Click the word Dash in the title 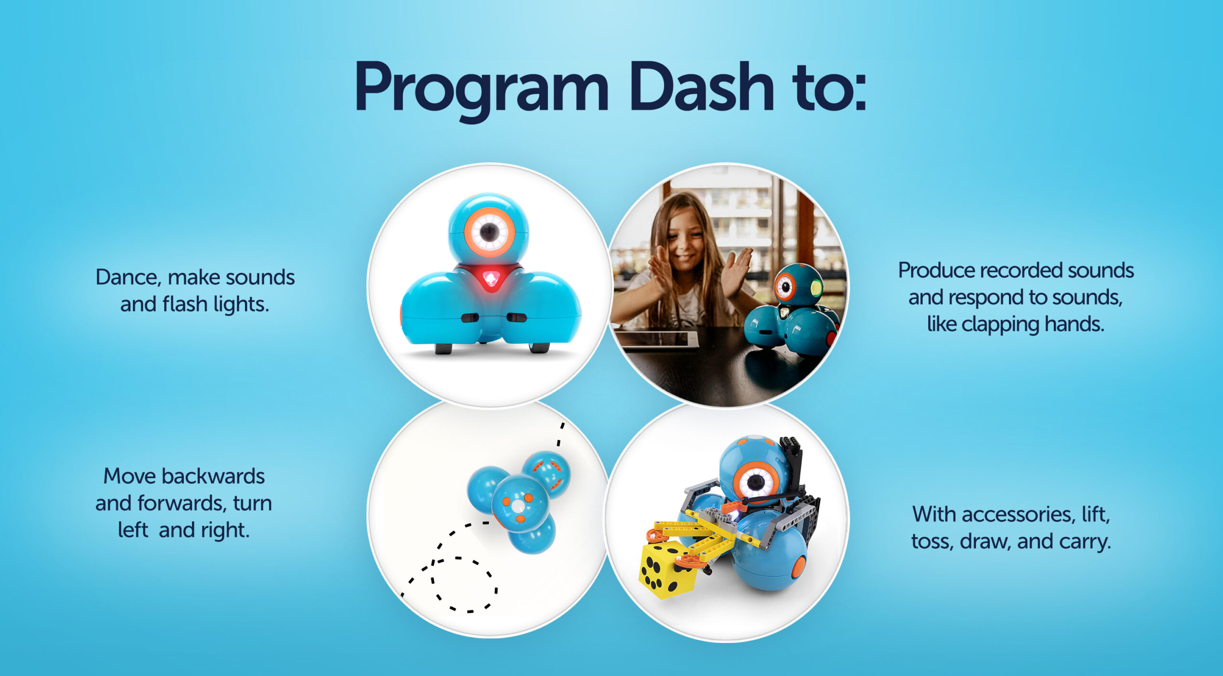click(x=702, y=86)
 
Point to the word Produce click(x=936, y=271)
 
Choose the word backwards click(x=213, y=476)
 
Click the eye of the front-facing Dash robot click(x=489, y=233)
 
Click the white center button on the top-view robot click(x=518, y=506)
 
